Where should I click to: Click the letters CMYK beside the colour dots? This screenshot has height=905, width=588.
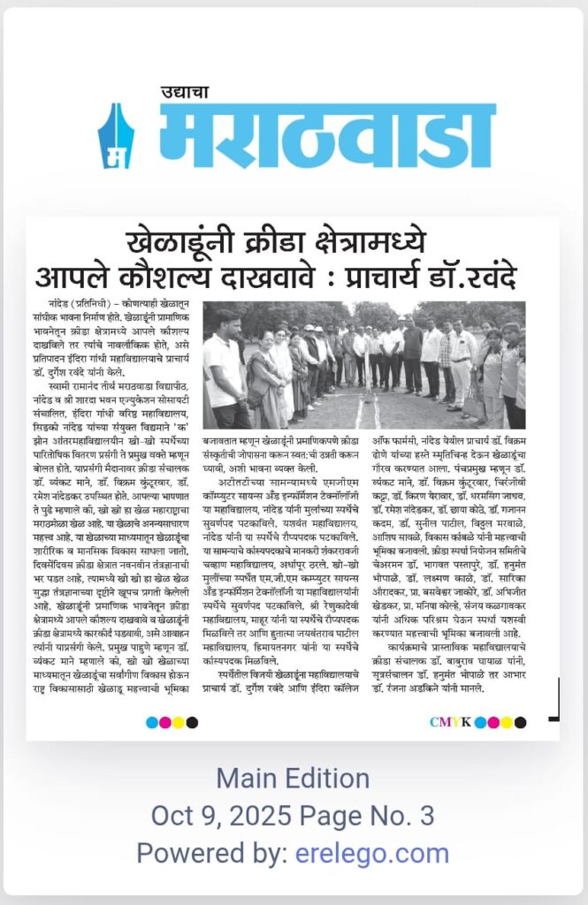tap(449, 722)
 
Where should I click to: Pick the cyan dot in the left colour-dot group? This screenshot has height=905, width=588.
tap(152, 722)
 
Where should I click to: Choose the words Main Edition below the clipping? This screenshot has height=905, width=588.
tap(293, 779)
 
